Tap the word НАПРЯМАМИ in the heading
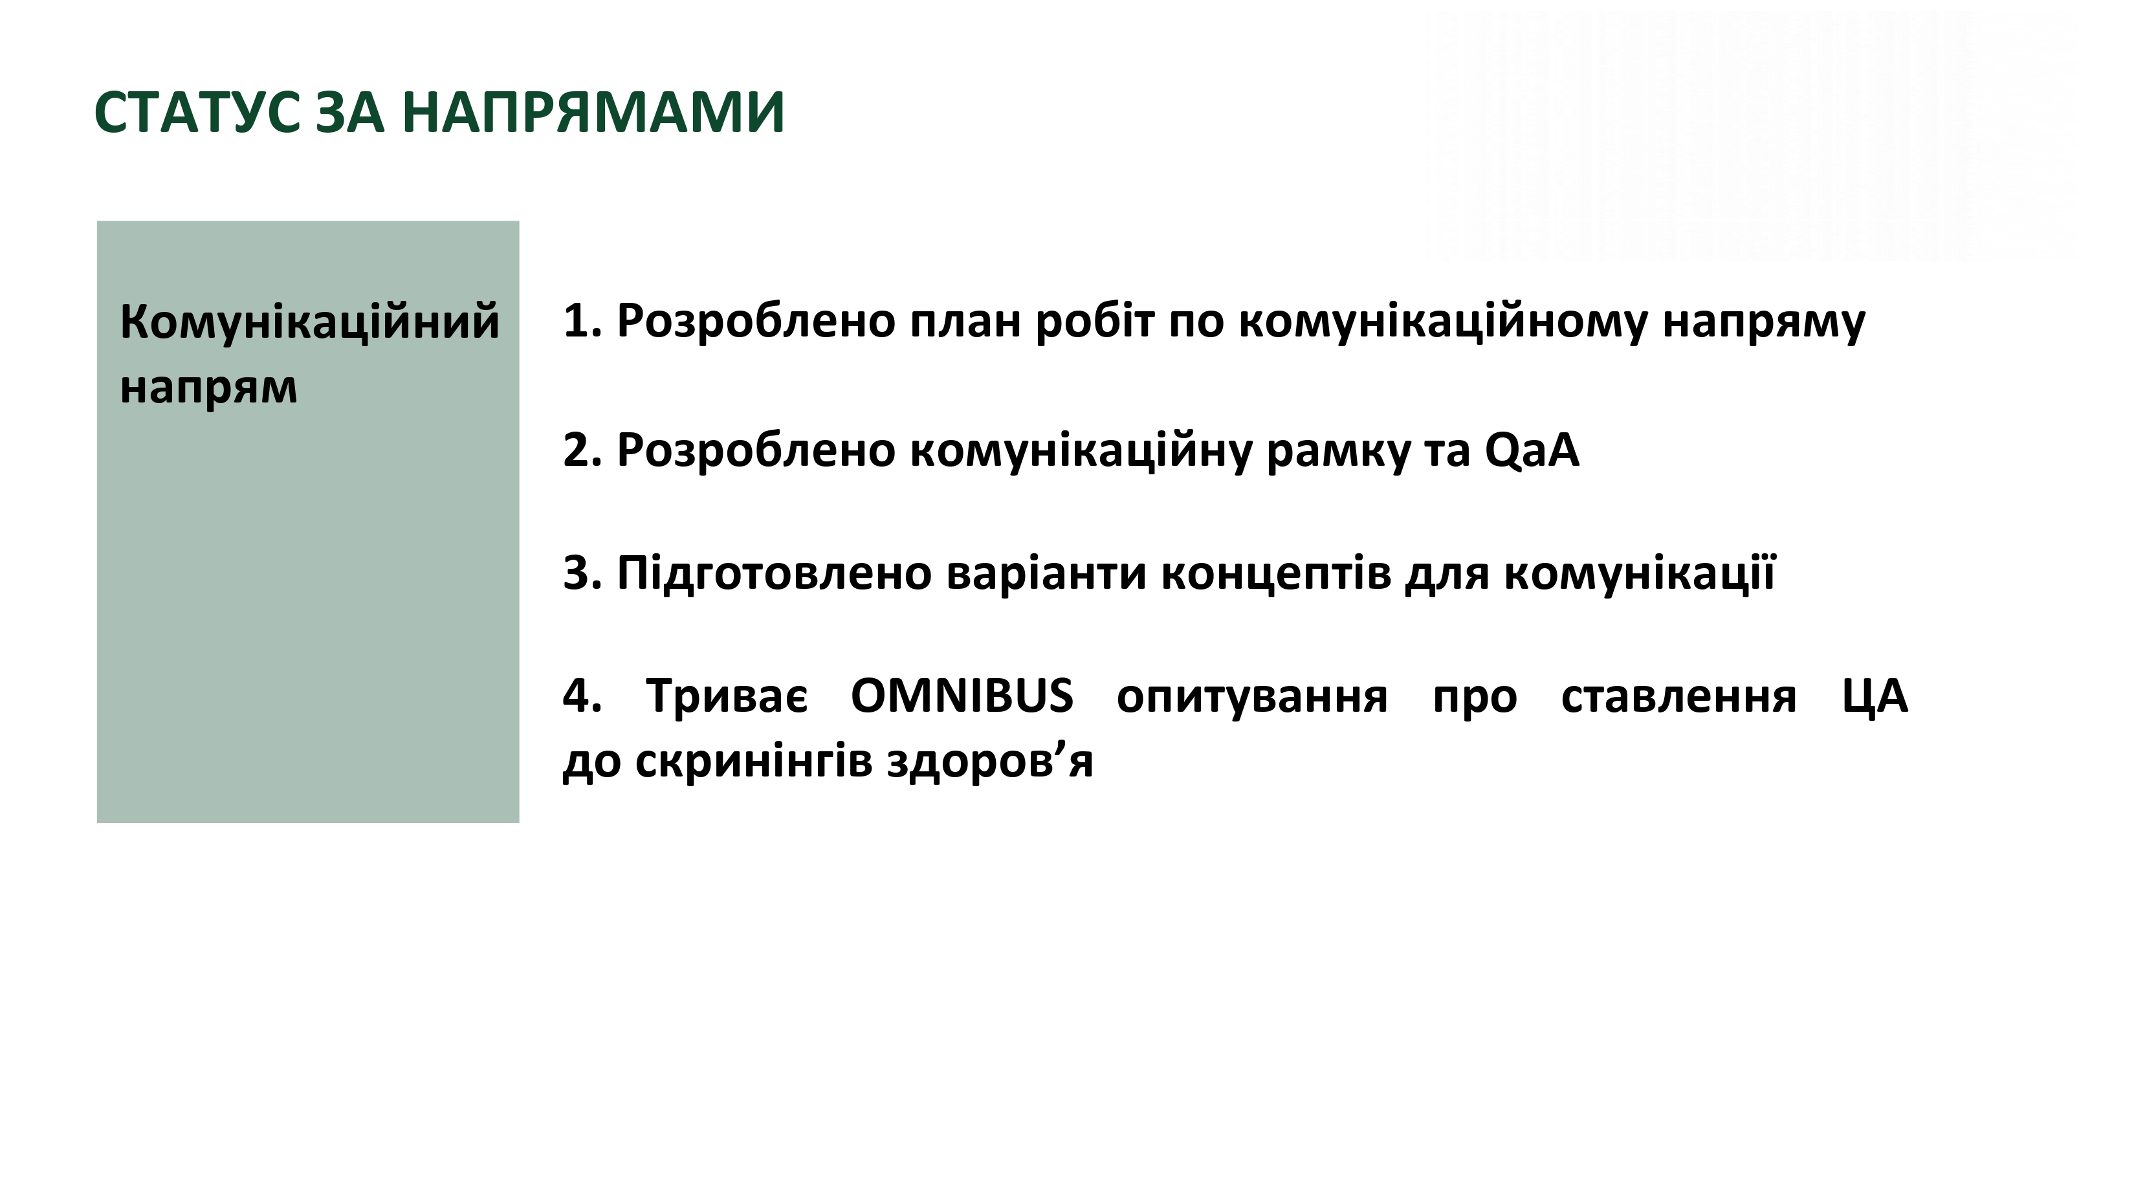point(593,113)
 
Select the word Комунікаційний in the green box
point(310,322)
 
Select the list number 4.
point(582,696)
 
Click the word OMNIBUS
point(962,696)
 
